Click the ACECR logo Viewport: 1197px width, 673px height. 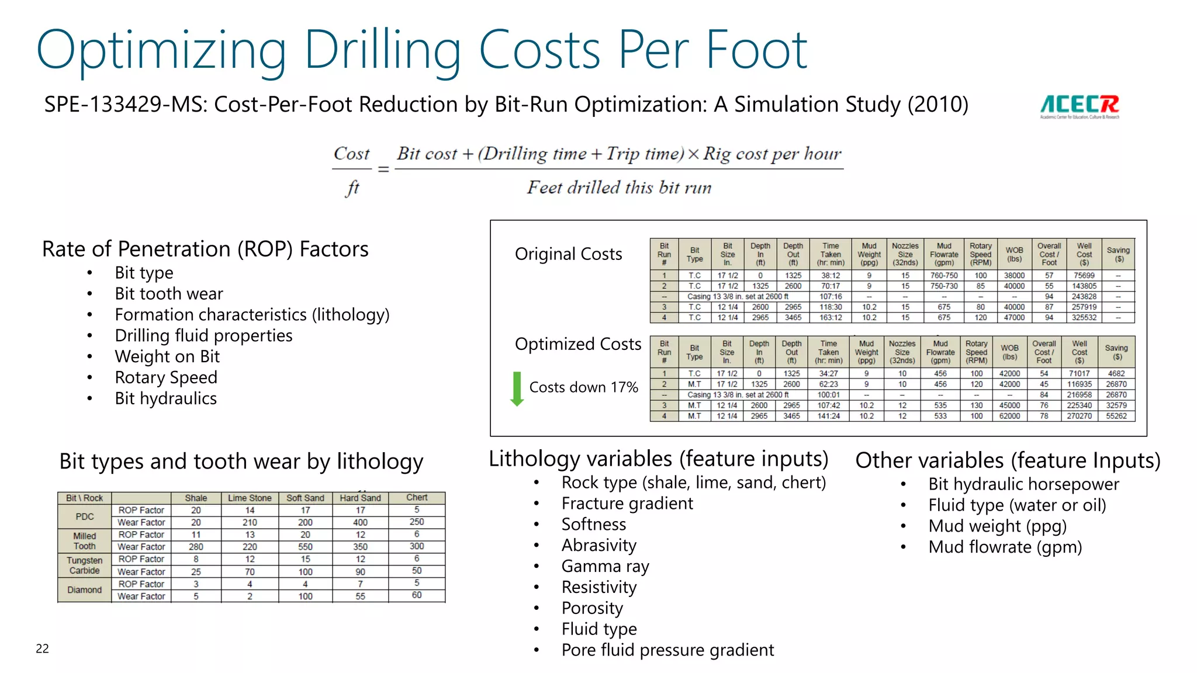tap(1079, 106)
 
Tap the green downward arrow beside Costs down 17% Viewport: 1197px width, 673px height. tap(517, 388)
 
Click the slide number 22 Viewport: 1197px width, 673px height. tap(42, 648)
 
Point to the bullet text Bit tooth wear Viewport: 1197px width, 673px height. tap(169, 294)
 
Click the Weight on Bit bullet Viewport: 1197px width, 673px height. tap(167, 356)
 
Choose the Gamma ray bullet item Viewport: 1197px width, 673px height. tap(605, 566)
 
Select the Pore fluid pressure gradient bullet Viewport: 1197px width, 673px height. tap(667, 650)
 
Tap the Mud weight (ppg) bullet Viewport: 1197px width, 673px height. tap(997, 526)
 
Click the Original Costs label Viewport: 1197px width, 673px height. tap(568, 254)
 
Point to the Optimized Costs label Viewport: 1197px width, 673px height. tap(577, 344)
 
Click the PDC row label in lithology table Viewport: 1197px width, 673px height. tap(85, 516)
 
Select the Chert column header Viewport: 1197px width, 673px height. tap(417, 498)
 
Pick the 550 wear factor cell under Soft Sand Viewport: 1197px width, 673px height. tap(305, 547)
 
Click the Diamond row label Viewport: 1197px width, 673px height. tap(85, 590)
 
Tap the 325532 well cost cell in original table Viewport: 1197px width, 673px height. tap(1084, 318)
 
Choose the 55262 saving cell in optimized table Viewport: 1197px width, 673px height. tap(1116, 416)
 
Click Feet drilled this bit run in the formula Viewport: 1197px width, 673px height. tap(619, 188)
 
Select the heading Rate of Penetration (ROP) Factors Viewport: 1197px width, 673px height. tap(205, 249)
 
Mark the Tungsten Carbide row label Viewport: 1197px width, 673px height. tap(85, 566)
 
